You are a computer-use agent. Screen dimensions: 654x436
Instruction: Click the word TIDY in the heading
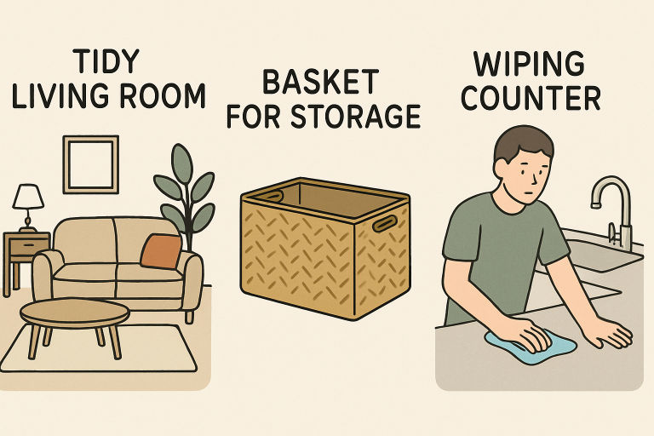pos(106,62)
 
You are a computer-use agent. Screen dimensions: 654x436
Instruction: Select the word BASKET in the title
pos(320,83)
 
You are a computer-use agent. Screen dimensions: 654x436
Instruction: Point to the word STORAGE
pos(356,116)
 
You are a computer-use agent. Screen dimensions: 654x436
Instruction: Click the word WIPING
pos(529,64)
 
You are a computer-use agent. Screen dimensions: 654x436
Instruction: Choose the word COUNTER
pos(531,98)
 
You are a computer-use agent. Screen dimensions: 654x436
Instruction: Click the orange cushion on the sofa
pos(161,251)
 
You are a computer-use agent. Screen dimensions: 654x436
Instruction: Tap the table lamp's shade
pos(28,197)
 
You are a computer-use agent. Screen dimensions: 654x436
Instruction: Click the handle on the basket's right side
pos(385,223)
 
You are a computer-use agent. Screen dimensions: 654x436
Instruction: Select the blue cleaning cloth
pos(531,346)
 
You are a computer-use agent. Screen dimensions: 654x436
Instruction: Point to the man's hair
pos(524,144)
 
